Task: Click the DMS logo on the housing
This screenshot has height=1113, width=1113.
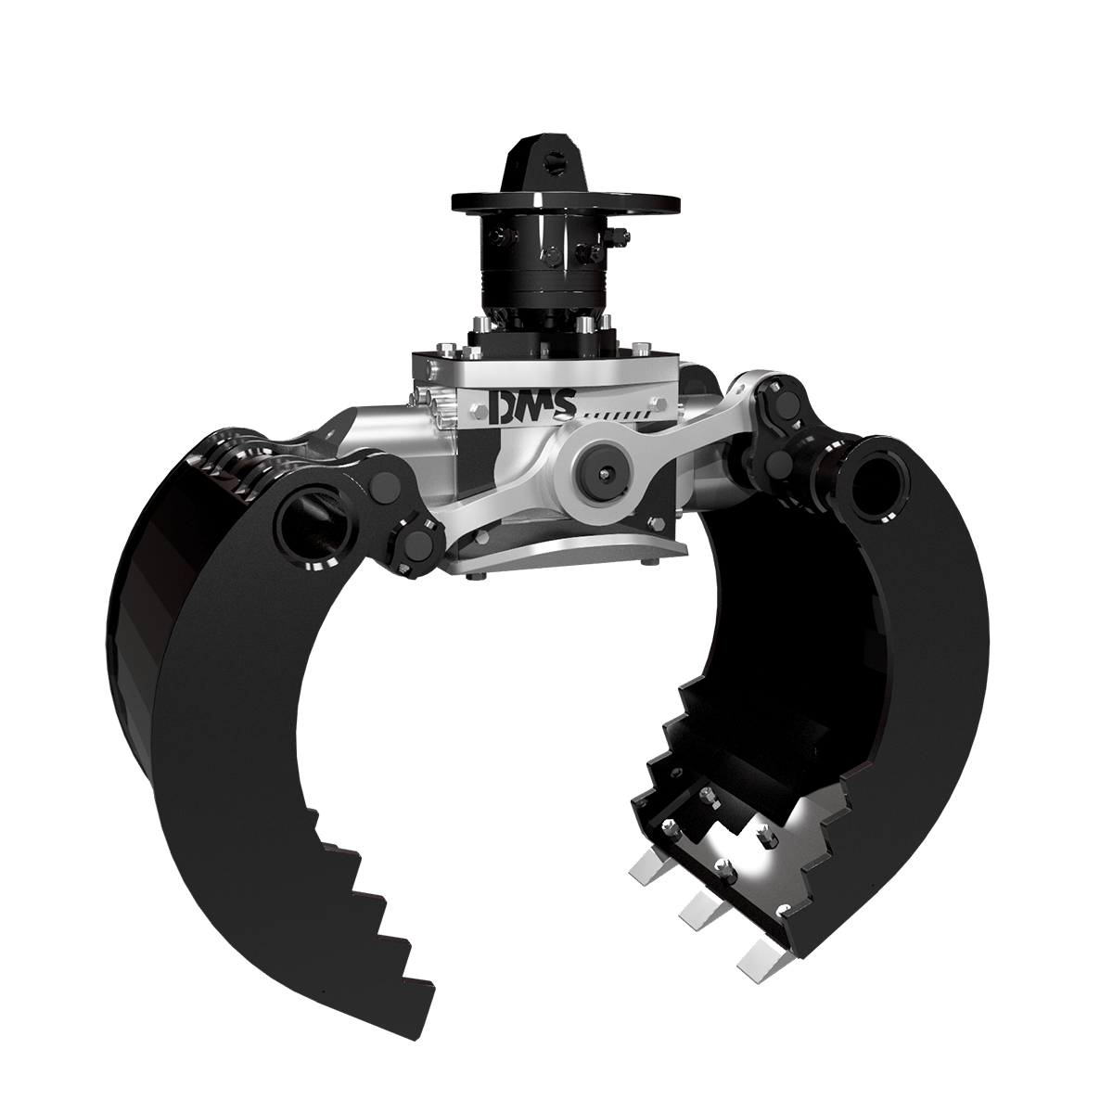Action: click(x=532, y=406)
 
